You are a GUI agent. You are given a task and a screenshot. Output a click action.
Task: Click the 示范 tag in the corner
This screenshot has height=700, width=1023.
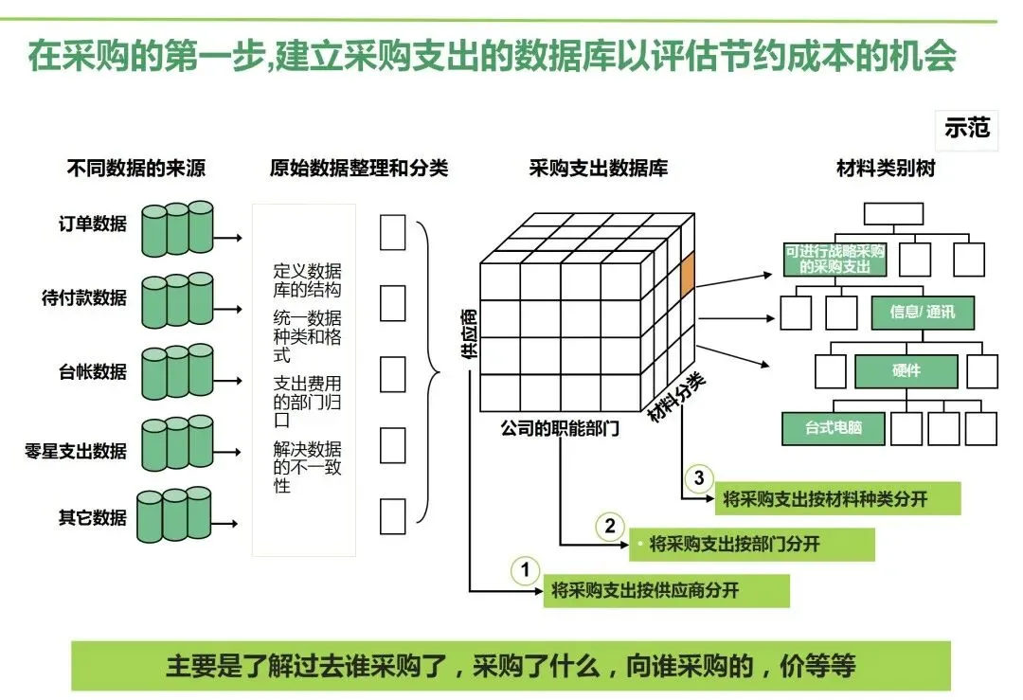pyautogui.click(x=967, y=128)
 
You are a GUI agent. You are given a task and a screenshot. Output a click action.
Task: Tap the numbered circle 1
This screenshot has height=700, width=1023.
pyautogui.click(x=525, y=571)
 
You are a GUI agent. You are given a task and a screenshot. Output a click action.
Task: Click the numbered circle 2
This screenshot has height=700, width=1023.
pyautogui.click(x=610, y=527)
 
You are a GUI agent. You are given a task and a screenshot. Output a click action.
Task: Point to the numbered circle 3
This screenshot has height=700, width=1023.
pyautogui.click(x=698, y=479)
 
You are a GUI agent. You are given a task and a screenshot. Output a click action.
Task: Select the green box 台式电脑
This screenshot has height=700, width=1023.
pyautogui.click(x=820, y=428)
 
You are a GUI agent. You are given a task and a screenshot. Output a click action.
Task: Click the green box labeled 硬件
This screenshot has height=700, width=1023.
pyautogui.click(x=906, y=371)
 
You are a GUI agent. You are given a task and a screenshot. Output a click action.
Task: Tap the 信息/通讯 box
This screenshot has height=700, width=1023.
pyautogui.click(x=922, y=313)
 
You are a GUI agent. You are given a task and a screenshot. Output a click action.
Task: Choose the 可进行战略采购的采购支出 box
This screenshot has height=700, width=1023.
pyautogui.click(x=835, y=259)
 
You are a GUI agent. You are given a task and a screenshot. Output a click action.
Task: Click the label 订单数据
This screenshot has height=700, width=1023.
pyautogui.click(x=92, y=224)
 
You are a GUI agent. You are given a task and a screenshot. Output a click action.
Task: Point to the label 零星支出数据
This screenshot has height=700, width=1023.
pyautogui.click(x=76, y=451)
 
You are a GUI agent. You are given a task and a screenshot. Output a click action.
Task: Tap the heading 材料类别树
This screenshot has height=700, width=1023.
pyautogui.click(x=886, y=169)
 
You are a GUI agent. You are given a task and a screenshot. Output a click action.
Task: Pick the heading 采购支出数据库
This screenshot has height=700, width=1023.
pyautogui.click(x=598, y=169)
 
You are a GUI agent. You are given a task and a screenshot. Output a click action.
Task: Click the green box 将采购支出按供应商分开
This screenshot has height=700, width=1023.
pyautogui.click(x=669, y=591)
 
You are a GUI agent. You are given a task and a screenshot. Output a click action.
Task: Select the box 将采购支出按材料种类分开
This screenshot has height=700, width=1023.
pyautogui.click(x=824, y=499)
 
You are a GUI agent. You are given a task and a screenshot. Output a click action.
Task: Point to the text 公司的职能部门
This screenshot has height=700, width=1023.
pyautogui.click(x=559, y=428)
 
